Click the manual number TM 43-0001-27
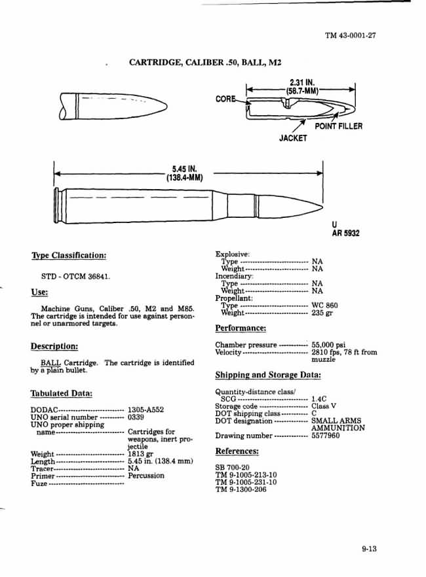click(350, 35)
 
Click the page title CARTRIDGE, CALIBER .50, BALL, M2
click(205, 63)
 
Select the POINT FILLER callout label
click(338, 126)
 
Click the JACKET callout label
click(293, 139)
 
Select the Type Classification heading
click(68, 255)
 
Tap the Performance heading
click(241, 328)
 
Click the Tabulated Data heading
click(61, 393)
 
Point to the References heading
click(237, 451)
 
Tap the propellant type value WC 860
click(325, 306)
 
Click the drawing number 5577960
click(325, 436)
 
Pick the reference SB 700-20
click(232, 467)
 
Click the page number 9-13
click(369, 549)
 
